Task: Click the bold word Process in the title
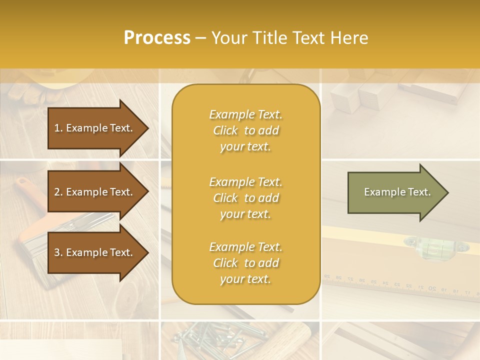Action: (x=157, y=38)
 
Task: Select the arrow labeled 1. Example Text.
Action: (x=95, y=128)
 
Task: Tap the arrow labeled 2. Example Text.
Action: (x=95, y=192)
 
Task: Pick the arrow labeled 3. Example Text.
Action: (x=95, y=252)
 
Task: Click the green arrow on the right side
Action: (x=395, y=192)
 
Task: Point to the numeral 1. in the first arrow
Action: (x=58, y=128)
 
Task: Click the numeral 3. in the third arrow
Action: (x=58, y=252)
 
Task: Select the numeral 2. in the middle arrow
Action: (x=58, y=192)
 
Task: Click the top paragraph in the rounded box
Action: (x=245, y=130)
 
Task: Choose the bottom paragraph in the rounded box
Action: (x=245, y=263)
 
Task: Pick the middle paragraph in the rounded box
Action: (x=245, y=198)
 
